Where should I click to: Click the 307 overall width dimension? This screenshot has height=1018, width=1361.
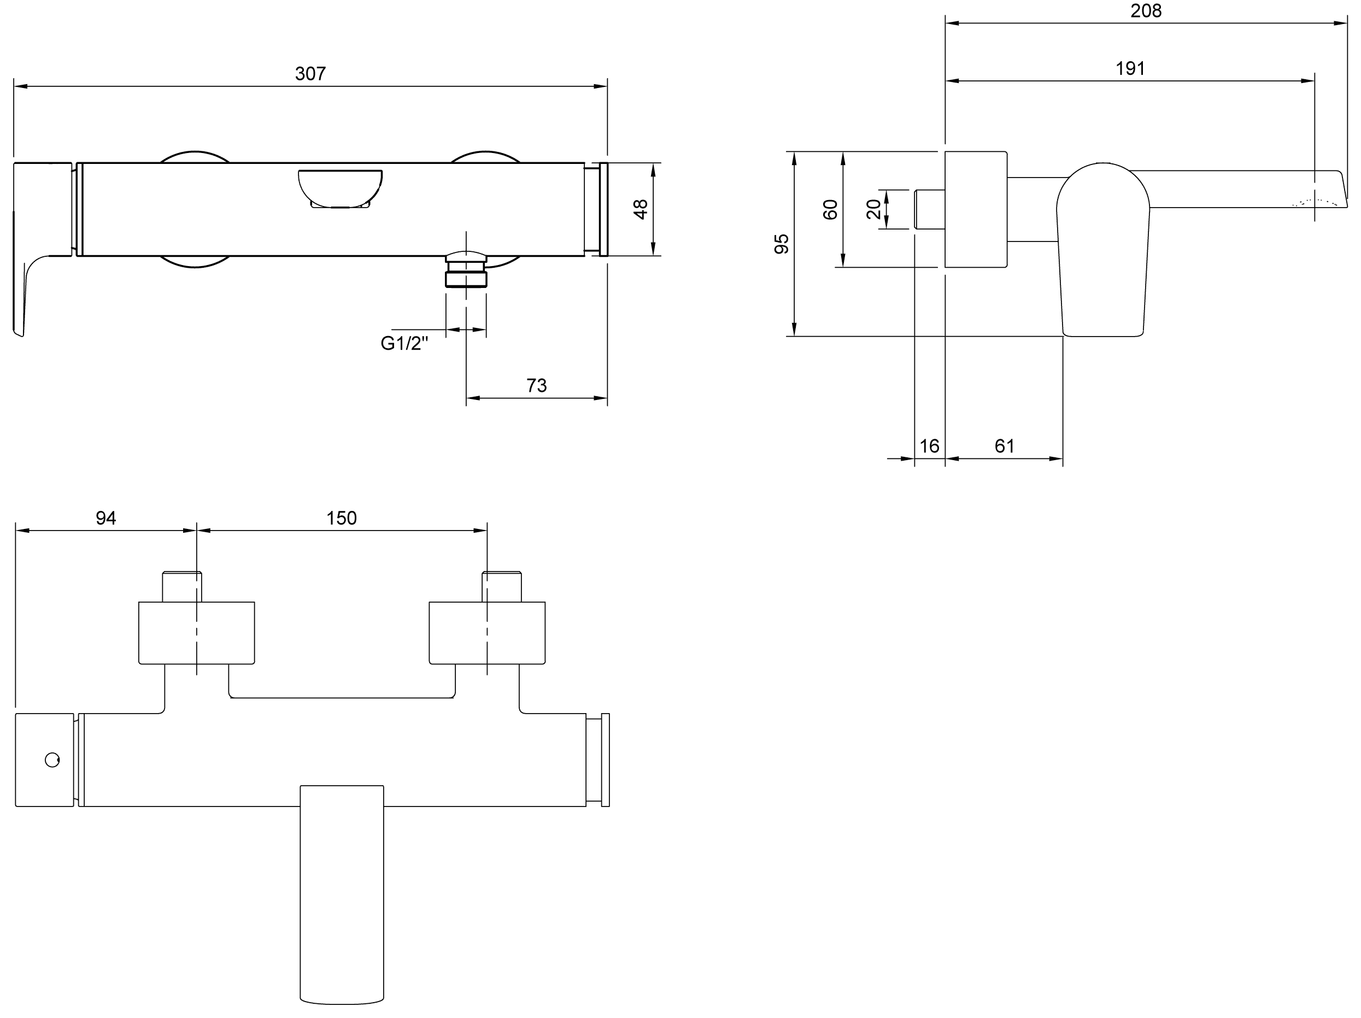[x=310, y=74]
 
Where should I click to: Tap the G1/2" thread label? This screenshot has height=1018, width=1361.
[x=404, y=343]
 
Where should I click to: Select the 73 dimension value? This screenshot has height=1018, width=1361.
[x=537, y=386]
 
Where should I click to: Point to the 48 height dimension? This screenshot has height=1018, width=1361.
[x=641, y=209]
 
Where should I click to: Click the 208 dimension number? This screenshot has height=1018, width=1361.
[x=1146, y=11]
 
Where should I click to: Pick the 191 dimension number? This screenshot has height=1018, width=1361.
[x=1130, y=68]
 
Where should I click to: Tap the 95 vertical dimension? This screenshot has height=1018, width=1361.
[x=782, y=244]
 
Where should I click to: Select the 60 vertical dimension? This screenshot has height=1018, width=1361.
[x=831, y=210]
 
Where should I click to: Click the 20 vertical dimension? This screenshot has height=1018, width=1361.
[x=873, y=210]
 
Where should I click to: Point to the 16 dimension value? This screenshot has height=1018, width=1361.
[x=929, y=446]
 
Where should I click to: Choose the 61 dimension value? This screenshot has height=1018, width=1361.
[x=1004, y=446]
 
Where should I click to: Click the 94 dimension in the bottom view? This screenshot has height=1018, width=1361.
[x=106, y=518]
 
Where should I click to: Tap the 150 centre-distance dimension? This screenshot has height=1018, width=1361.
[x=342, y=518]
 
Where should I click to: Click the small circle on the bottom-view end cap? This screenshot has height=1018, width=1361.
[x=52, y=760]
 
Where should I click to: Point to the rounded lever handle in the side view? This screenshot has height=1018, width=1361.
[x=1102, y=250]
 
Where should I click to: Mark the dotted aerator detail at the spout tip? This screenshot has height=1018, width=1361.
[x=1316, y=202]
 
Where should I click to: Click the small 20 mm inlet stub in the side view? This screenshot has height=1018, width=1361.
[x=930, y=210]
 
